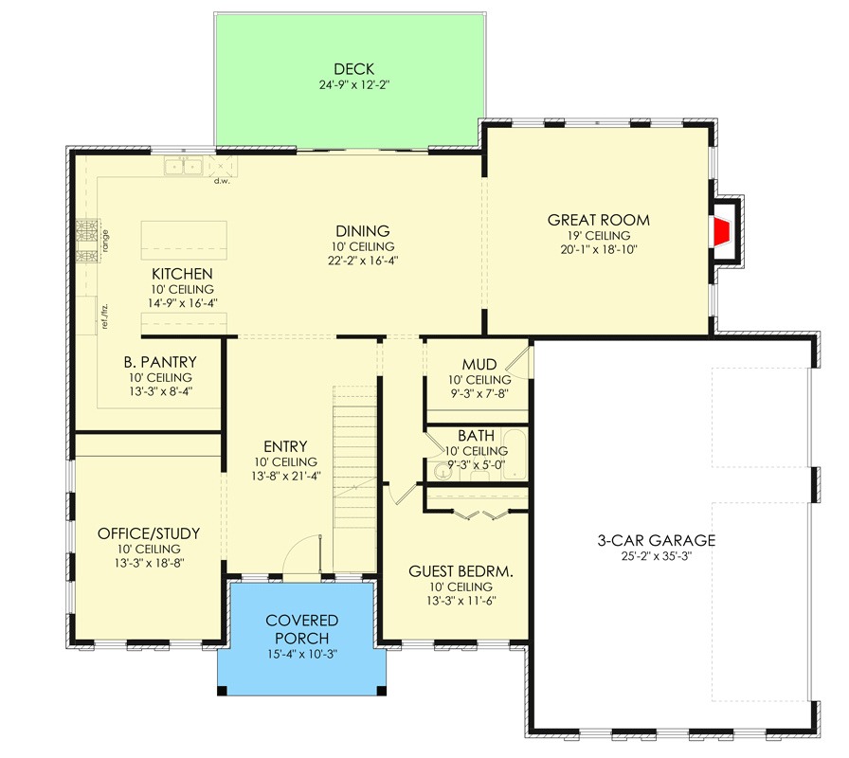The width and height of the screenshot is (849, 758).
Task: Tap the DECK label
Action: [353, 69]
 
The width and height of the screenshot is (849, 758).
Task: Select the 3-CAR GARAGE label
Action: [656, 541]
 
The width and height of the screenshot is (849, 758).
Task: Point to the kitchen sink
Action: [184, 167]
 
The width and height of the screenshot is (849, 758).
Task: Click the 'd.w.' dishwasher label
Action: [222, 180]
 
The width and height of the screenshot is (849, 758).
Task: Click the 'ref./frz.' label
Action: [105, 314]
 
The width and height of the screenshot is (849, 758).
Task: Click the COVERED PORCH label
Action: [301, 628]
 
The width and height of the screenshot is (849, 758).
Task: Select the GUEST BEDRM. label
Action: [461, 571]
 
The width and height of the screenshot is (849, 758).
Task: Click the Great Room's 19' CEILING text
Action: [598, 236]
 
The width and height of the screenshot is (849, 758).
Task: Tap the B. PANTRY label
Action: [159, 361]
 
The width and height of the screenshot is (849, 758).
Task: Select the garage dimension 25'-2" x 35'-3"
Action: [656, 556]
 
